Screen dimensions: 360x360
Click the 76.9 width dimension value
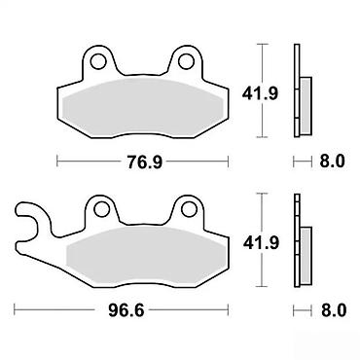pyautogui.click(x=144, y=162)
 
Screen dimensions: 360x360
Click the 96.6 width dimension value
pyautogui.click(x=126, y=311)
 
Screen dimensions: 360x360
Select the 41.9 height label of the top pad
pyautogui.click(x=260, y=93)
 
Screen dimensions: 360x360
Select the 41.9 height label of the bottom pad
pyautogui.click(x=261, y=242)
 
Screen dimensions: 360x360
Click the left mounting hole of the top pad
pyautogui.click(x=98, y=61)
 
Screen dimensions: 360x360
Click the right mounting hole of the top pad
pyautogui.click(x=187, y=61)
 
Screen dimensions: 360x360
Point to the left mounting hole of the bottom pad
pyautogui.click(x=101, y=208)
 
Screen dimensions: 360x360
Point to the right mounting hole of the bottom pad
pyautogui.click(x=190, y=208)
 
